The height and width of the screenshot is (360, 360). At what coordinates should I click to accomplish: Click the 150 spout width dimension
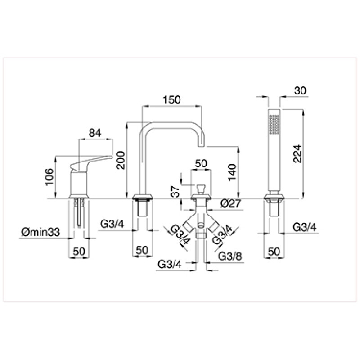coord(172,100)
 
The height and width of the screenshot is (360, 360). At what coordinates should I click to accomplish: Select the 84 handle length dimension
coord(95,133)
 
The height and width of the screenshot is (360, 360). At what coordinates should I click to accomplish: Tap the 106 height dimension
coord(49,177)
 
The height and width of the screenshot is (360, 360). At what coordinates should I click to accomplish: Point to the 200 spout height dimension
coord(120,160)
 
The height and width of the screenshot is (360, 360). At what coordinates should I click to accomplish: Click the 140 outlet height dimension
coord(232,172)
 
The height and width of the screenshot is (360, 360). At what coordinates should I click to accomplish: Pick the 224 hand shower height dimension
coord(297,153)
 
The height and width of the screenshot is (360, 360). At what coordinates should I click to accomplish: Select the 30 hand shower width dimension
coord(300,90)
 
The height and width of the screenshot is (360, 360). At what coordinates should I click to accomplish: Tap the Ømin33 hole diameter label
coord(40,232)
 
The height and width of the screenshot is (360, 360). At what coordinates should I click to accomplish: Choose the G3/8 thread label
coord(230,256)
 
